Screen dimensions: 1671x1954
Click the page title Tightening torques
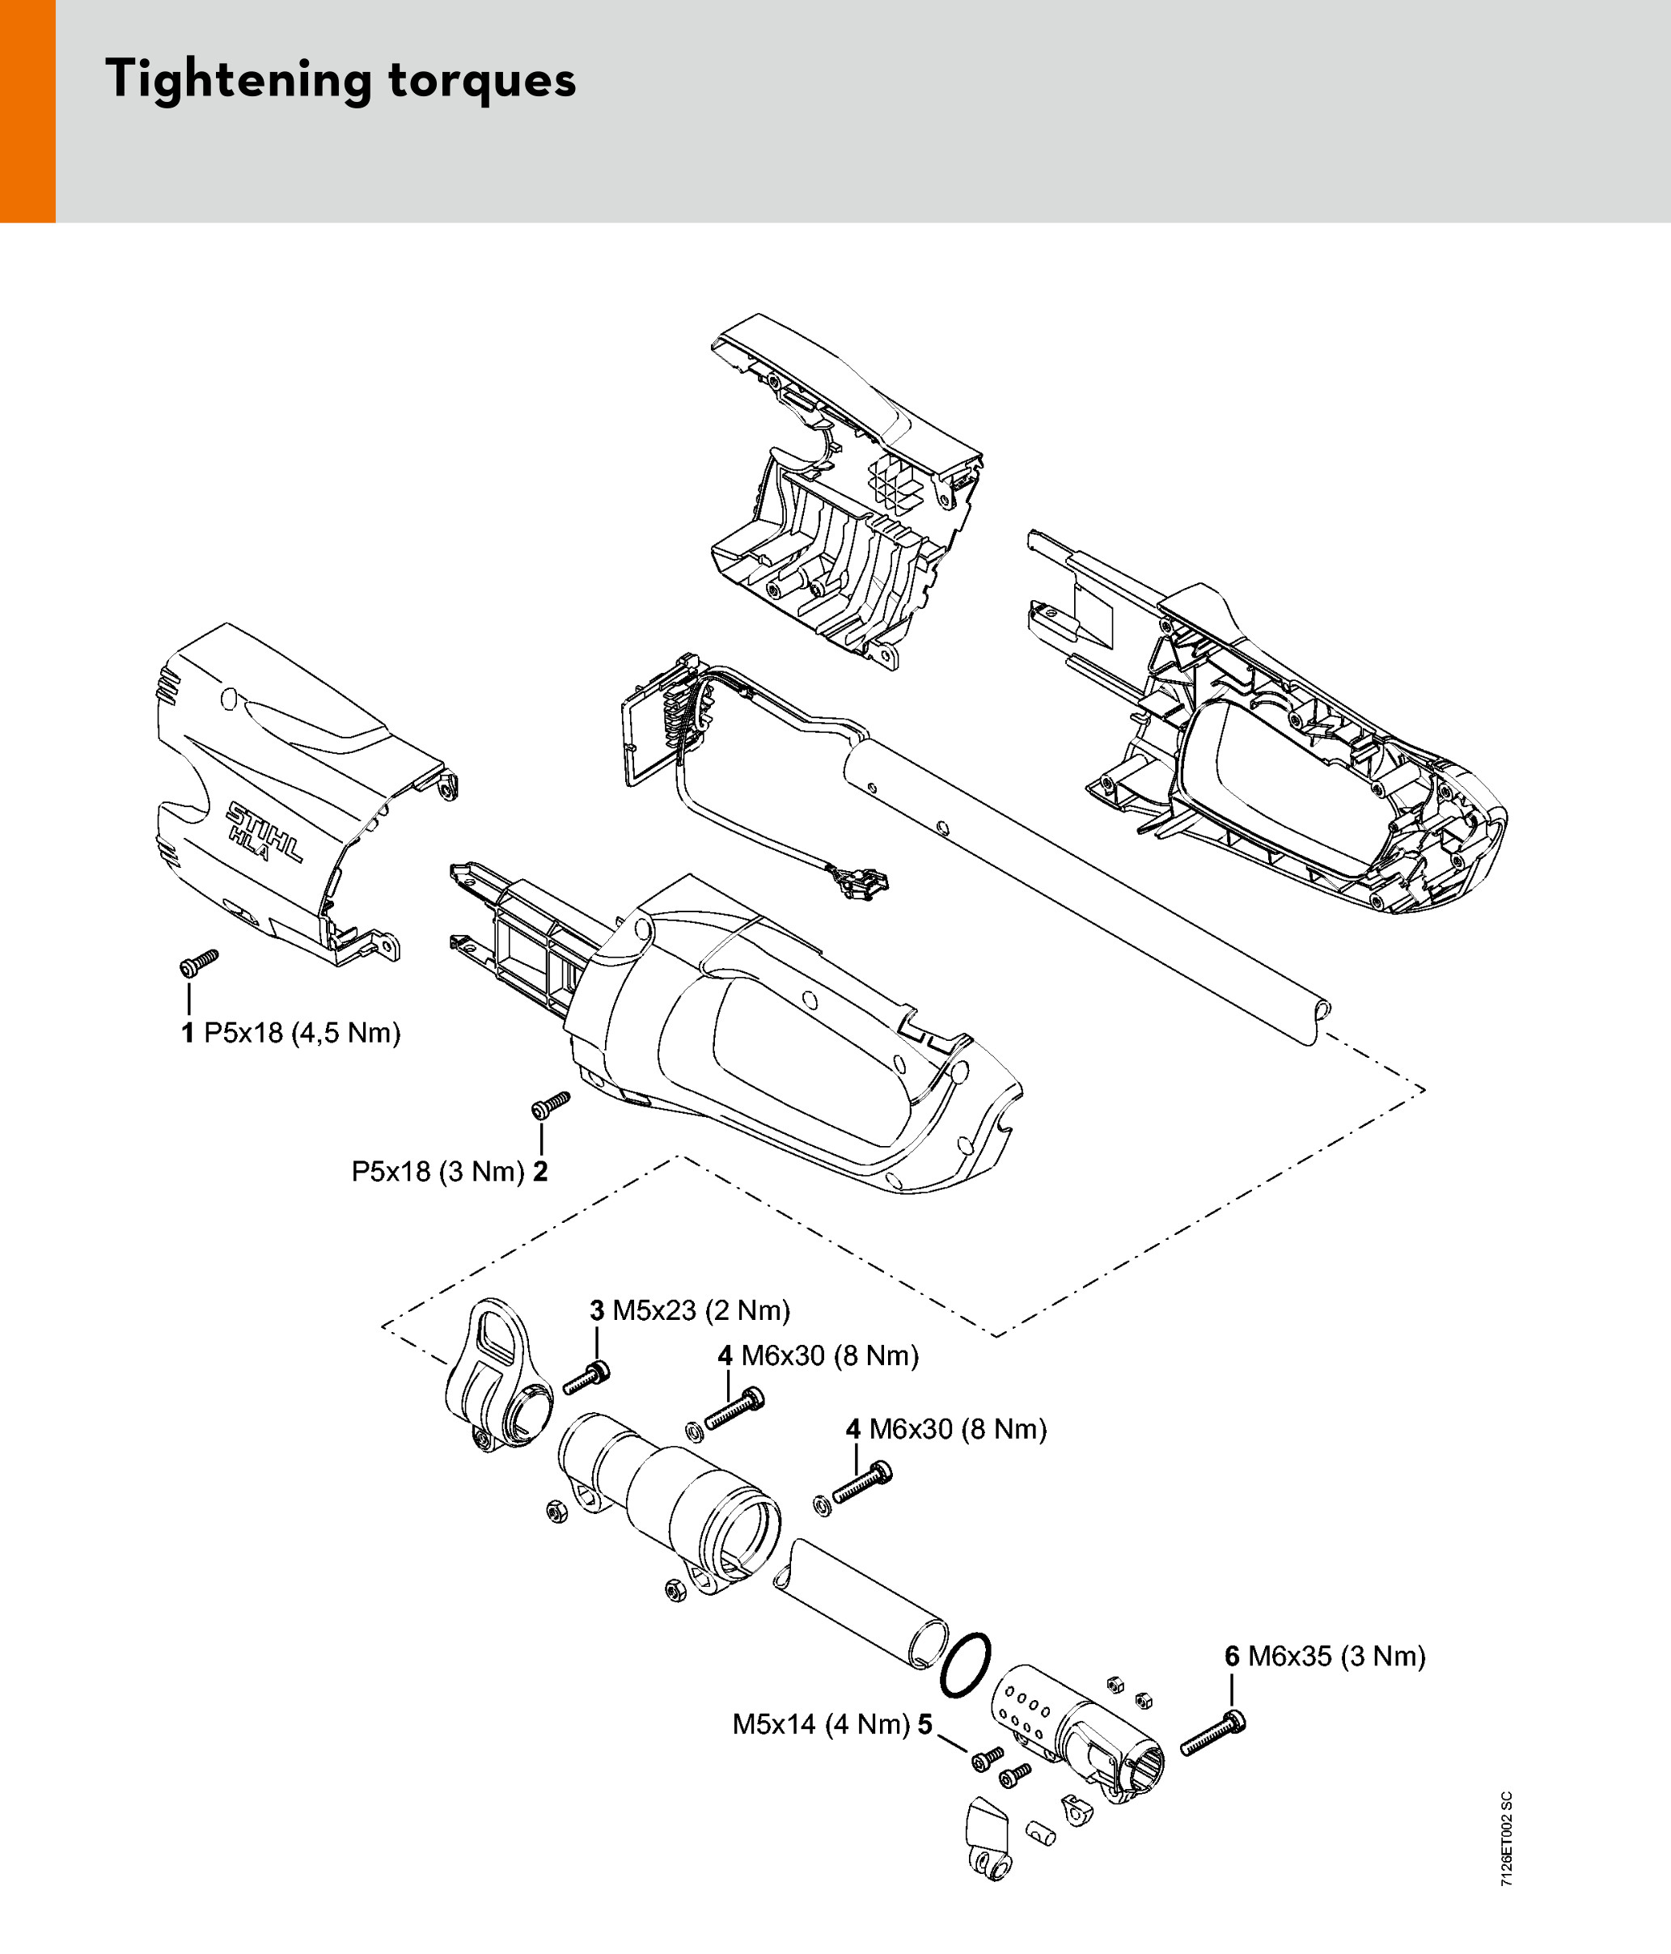pyautogui.click(x=341, y=80)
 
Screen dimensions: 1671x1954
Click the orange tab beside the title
pyautogui.click(x=27, y=112)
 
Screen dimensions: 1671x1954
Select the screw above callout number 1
pyautogui.click(x=199, y=963)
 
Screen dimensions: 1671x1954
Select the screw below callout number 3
pyautogui.click(x=586, y=1378)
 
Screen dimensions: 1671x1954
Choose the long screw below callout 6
pyautogui.click(x=1212, y=1733)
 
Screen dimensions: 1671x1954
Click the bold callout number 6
pyautogui.click(x=1233, y=1656)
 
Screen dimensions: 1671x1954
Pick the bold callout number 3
pyautogui.click(x=597, y=1310)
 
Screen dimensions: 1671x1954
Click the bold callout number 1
pyautogui.click(x=188, y=1034)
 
